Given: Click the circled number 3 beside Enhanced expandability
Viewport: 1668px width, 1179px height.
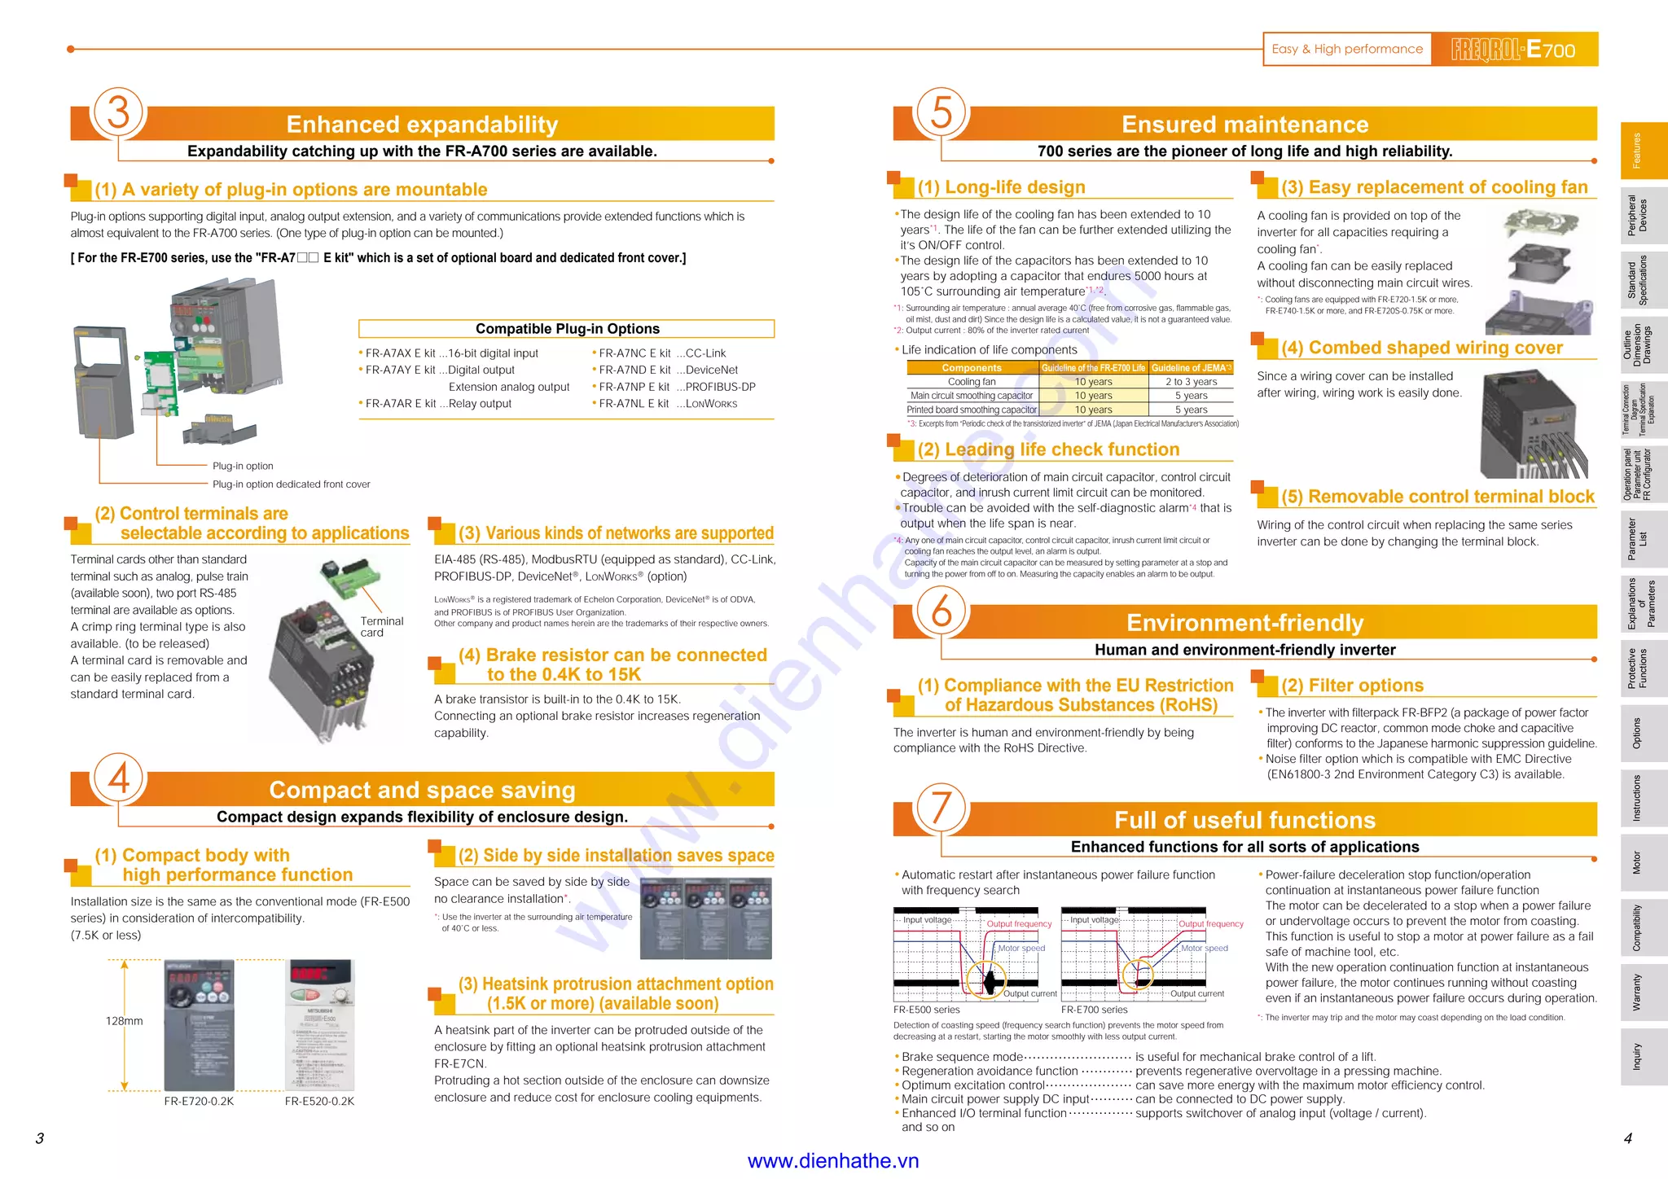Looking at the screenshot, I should point(119,112).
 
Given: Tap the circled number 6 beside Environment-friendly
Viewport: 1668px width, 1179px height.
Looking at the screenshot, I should point(942,611).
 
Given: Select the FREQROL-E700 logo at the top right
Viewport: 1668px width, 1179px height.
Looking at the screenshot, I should point(1514,49).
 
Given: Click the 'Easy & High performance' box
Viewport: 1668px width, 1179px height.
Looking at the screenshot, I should point(1347,49).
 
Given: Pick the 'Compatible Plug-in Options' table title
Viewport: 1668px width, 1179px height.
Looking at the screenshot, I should point(567,329).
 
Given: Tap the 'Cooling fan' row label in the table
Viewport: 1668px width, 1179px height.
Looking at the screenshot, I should point(972,382).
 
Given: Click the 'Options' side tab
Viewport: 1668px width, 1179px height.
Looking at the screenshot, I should point(1637,733).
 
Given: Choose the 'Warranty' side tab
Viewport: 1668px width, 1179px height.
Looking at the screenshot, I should point(1637,992).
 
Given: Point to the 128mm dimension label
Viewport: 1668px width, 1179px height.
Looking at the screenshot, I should point(124,1021).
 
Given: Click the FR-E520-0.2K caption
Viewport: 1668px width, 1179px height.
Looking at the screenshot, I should point(319,1102).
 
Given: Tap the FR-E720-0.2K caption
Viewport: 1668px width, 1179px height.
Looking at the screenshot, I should point(199,1102).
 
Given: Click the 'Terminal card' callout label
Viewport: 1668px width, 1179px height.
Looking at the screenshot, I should point(381,627).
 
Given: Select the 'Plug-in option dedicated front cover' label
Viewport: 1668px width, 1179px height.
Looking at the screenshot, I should point(291,484).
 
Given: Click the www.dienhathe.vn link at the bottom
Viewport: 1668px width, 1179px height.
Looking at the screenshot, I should point(832,1161).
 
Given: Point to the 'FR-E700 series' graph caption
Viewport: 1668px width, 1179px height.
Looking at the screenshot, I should point(1094,1010).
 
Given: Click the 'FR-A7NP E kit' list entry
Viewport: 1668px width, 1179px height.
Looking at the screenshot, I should point(634,387).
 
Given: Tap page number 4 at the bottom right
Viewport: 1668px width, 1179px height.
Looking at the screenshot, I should point(1627,1138).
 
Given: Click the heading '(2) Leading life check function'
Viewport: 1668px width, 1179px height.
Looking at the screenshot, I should point(1048,449).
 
